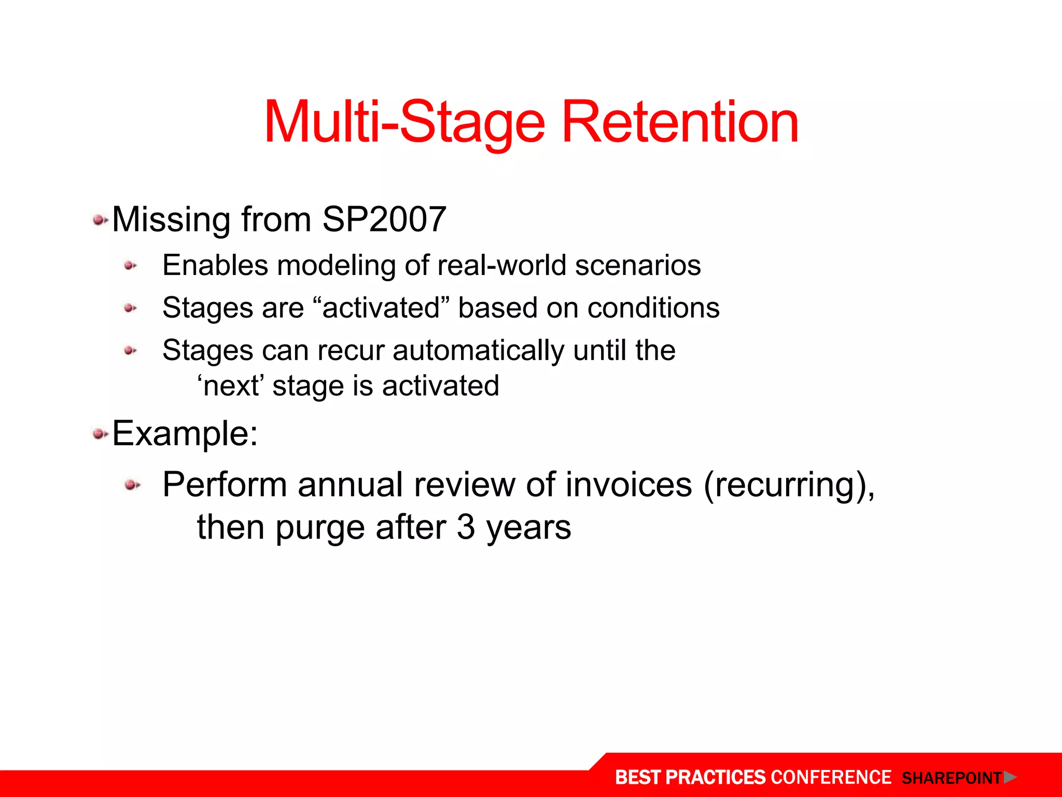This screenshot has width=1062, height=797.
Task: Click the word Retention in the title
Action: (680, 122)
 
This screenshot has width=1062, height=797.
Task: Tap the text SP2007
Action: (384, 219)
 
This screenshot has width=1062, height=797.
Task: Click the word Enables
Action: (215, 266)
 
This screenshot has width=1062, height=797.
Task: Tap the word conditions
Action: (653, 308)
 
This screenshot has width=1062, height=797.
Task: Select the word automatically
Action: (478, 351)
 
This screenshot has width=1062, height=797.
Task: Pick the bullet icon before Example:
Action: (99, 434)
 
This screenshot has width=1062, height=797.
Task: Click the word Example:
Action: (185, 434)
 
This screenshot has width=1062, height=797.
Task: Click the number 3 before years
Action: (465, 528)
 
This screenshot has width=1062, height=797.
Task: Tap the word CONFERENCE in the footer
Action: (831, 777)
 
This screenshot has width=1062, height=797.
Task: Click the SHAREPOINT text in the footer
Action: (951, 778)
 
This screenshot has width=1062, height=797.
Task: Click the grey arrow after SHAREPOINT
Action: (1010, 777)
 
